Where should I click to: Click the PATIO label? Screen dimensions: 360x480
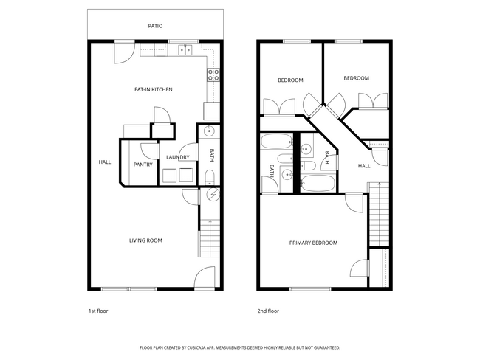coord(155,26)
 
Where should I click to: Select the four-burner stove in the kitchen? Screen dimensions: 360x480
coord(213,74)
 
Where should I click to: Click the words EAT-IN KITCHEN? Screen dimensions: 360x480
coord(153,89)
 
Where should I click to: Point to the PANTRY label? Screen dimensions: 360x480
coord(143,165)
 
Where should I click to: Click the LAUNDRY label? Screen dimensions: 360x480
coord(178,157)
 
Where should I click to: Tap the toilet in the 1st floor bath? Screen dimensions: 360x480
coord(209,176)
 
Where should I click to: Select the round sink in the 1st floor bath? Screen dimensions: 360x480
coord(209,133)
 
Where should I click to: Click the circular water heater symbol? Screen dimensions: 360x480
coord(214,195)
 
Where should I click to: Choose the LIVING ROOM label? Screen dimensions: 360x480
coord(145,240)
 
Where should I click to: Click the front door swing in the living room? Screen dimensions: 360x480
coord(205,278)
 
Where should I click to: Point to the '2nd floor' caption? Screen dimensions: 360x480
coord(267,311)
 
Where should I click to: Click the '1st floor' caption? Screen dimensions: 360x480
coord(98,311)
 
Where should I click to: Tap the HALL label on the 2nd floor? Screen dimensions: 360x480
coord(364,166)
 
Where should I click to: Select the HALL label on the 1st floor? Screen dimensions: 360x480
coord(104,162)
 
